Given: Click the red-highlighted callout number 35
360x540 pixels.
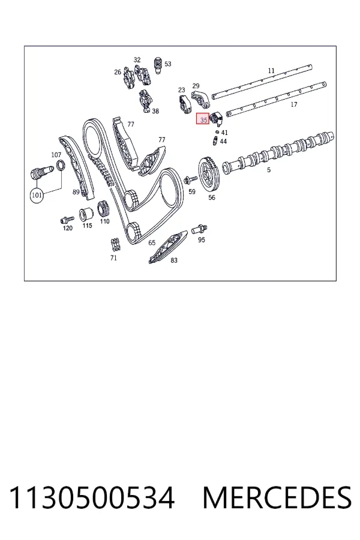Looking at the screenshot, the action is point(203,119).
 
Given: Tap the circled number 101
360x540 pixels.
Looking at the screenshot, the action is point(37,195).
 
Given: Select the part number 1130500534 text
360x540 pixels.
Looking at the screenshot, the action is point(92,498).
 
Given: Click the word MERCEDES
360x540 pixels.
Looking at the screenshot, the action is point(277,498).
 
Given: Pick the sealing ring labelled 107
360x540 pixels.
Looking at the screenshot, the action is point(61,166).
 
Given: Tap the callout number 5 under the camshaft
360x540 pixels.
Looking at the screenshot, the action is point(269,170).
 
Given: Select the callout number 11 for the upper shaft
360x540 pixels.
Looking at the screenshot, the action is point(271,71).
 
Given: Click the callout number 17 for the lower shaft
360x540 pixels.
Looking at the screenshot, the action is point(294,104).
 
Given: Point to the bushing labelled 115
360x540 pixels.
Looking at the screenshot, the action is point(85,215).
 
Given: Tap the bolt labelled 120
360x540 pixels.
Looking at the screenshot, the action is point(67,219).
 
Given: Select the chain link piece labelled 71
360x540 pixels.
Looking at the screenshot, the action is point(115,245).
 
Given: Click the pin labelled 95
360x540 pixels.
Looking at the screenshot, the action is point(199,229).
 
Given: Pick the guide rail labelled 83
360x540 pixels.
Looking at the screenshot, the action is point(168,247).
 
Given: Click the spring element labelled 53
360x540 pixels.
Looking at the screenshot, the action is point(157,64).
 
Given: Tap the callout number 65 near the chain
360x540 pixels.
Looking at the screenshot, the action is point(152,243).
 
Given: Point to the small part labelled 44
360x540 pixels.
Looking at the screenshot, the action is point(214,141).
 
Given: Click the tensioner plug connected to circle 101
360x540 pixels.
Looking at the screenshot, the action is point(41,172).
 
